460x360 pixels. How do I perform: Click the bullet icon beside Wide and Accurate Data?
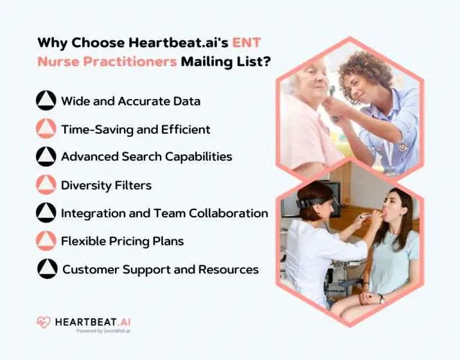(46, 101)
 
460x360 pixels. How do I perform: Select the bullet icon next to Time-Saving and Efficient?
(46, 129)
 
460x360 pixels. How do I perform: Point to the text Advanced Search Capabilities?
(146, 157)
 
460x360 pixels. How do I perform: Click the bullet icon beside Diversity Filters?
(46, 185)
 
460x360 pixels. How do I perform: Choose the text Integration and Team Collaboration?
(164, 213)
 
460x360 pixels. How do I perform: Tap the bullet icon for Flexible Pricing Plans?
(46, 241)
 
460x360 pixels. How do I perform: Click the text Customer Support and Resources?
(160, 269)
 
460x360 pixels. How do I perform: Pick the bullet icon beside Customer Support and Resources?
(47, 269)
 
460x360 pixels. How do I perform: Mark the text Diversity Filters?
(106, 185)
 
